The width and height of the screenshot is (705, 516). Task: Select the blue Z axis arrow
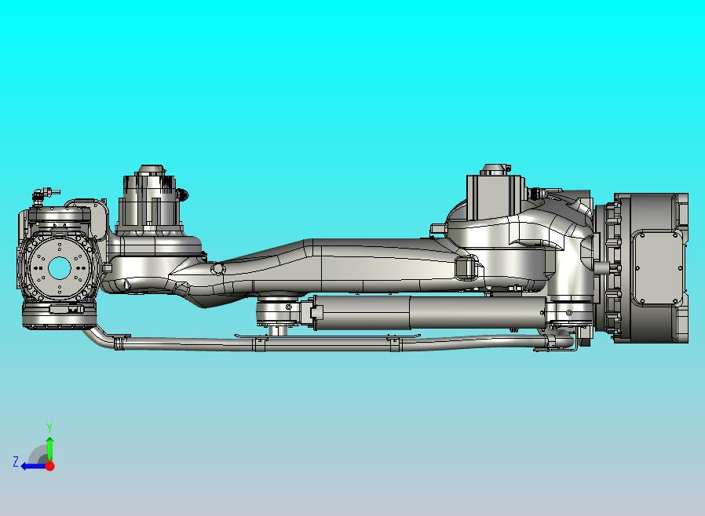32,465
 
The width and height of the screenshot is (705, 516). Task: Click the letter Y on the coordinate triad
49,427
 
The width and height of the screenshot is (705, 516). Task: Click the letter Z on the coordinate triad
16,462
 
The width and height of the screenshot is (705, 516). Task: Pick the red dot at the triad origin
49,466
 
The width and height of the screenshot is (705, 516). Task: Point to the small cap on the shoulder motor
492,168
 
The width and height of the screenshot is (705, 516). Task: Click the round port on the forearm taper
218,268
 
